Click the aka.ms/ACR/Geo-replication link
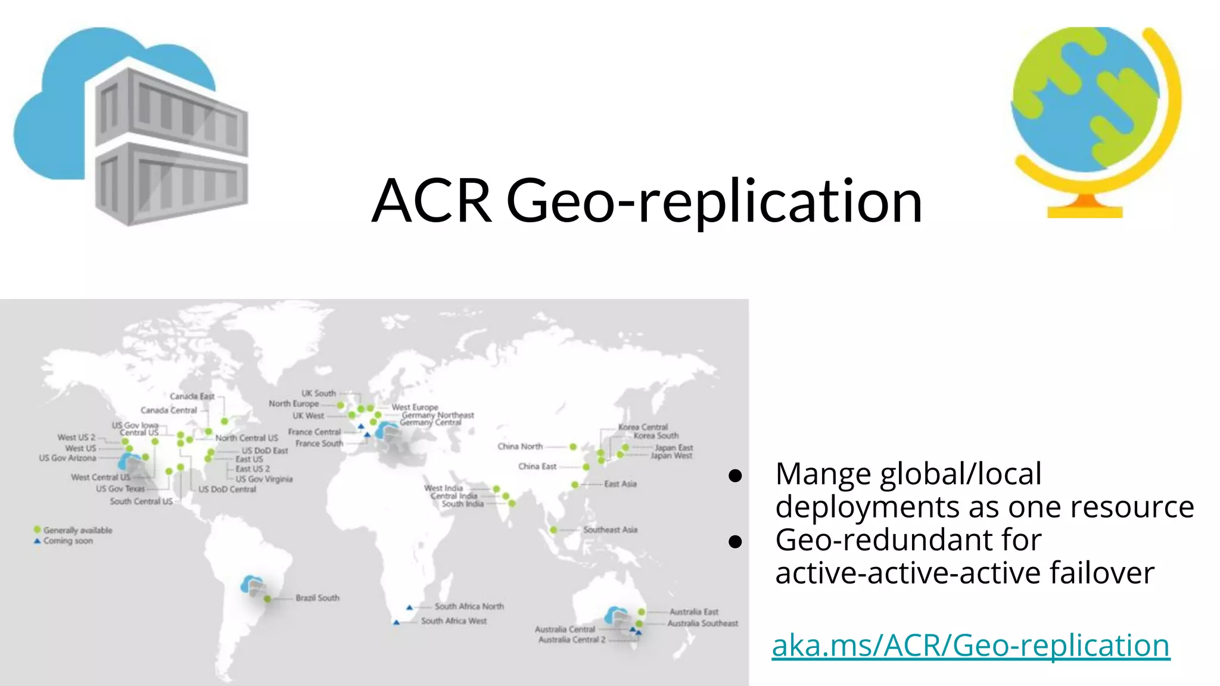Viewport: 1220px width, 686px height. point(970,646)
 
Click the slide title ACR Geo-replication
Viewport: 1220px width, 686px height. point(647,201)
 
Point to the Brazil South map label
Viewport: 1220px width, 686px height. point(318,598)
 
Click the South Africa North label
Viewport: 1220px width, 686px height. point(469,606)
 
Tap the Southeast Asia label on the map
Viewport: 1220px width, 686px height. point(610,529)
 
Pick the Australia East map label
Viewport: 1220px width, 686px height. point(693,612)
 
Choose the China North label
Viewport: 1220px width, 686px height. point(520,446)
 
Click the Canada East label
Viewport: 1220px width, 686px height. point(192,396)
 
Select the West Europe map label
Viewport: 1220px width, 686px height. point(415,407)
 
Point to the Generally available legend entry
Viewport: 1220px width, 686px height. point(77,530)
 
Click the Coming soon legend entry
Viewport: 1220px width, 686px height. point(68,541)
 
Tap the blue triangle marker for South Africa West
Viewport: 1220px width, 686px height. point(396,622)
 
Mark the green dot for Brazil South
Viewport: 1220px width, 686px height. point(267,598)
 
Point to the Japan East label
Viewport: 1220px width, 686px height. point(674,447)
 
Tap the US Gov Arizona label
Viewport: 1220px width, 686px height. point(67,458)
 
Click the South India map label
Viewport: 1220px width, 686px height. point(462,504)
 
